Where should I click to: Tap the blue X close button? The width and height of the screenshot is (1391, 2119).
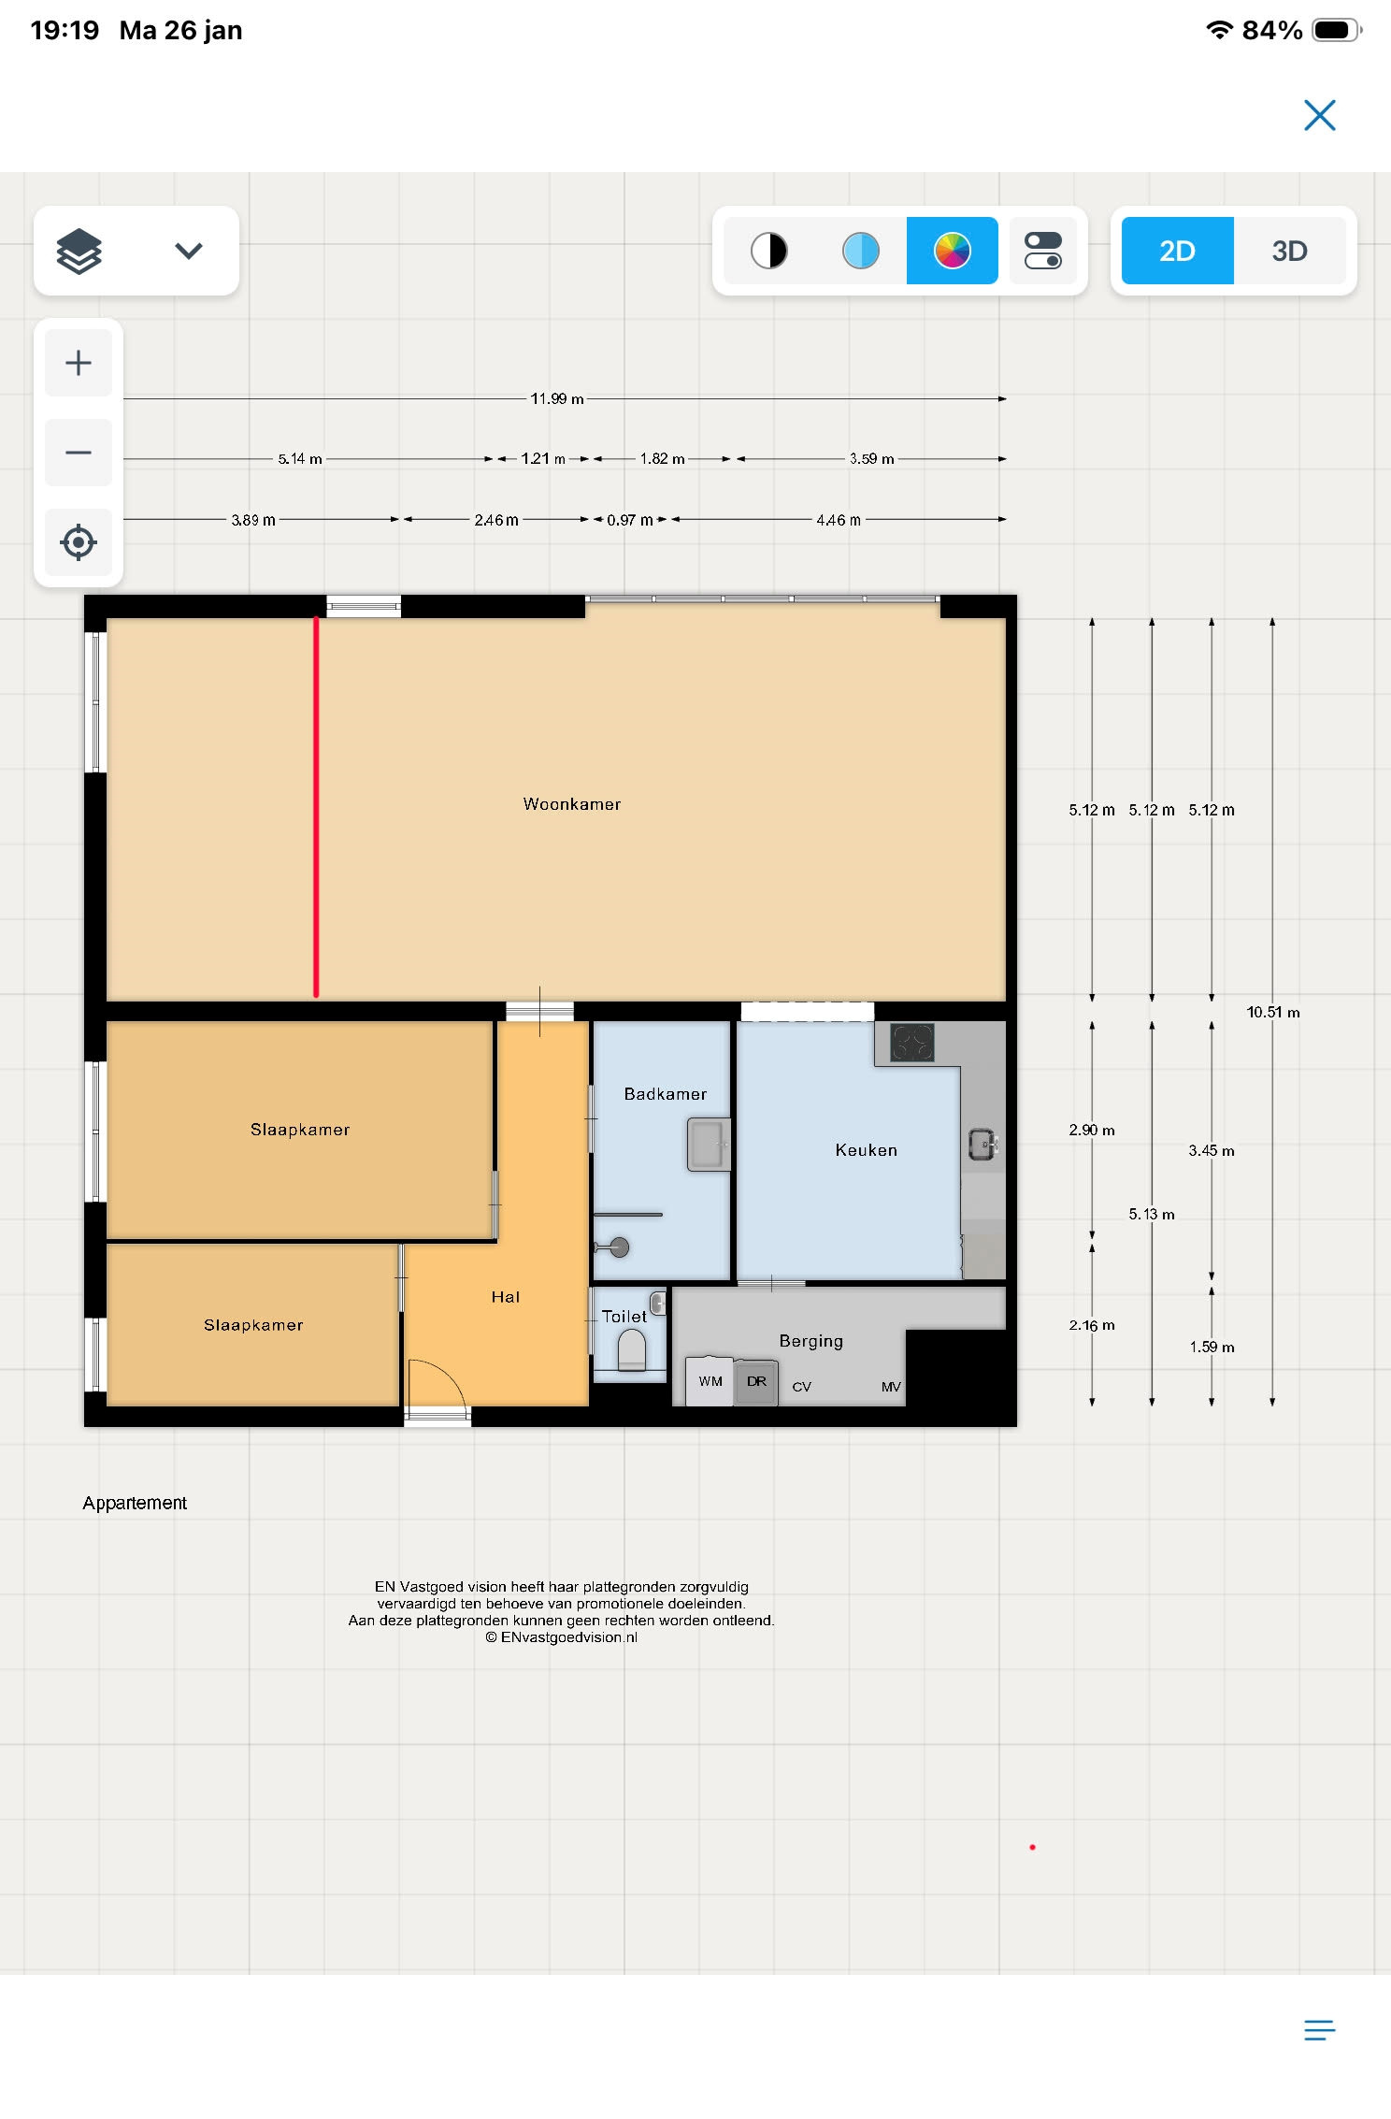[1319, 115]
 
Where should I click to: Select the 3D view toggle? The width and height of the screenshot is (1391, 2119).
[1289, 251]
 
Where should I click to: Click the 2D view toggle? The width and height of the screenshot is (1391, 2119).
[1177, 251]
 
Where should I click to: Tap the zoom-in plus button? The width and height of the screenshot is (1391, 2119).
[79, 363]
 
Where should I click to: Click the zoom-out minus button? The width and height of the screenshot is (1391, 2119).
[79, 453]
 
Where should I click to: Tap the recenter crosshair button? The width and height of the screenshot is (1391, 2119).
[79, 542]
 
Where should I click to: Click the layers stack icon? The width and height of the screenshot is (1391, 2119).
[79, 251]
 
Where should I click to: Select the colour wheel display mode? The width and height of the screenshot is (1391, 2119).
[953, 251]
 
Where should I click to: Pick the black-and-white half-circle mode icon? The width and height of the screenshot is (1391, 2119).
[769, 251]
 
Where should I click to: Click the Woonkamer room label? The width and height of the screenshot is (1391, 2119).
[572, 804]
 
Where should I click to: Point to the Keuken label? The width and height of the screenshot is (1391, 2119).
[867, 1150]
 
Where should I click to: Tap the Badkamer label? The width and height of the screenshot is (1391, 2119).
[666, 1094]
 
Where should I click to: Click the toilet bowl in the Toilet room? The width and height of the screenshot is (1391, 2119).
[632, 1350]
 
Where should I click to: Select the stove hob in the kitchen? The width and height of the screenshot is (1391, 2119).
[912, 1044]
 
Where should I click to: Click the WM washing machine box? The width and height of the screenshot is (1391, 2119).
[710, 1381]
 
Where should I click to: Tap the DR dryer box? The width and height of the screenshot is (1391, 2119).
[756, 1382]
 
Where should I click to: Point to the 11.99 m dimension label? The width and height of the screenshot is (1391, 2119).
[557, 399]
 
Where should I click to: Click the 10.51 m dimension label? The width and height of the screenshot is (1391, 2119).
[1273, 1012]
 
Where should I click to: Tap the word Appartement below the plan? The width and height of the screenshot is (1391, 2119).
[135, 1503]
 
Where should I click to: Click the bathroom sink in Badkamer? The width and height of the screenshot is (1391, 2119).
[709, 1144]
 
